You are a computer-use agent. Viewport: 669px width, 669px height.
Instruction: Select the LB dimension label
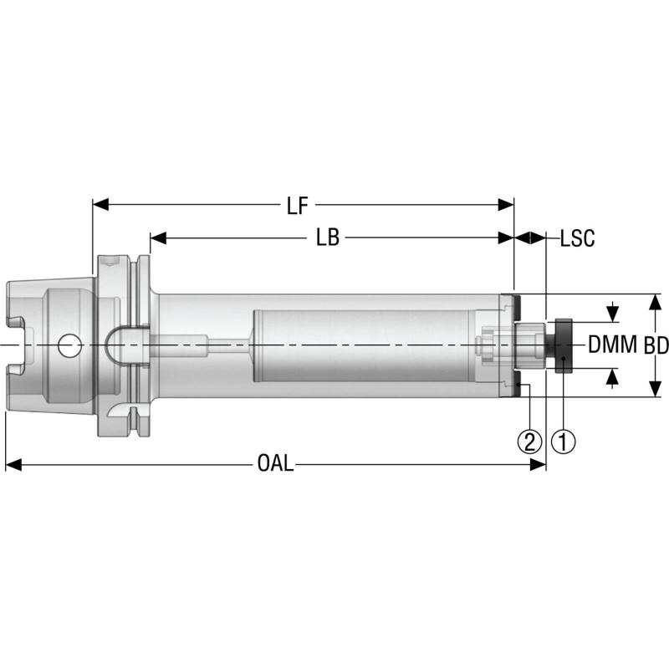(328, 238)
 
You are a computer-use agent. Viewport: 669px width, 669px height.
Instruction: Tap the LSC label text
(577, 238)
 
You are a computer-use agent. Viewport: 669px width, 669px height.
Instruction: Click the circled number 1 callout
(564, 441)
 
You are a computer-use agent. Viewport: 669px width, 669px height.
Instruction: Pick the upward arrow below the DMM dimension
(614, 377)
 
